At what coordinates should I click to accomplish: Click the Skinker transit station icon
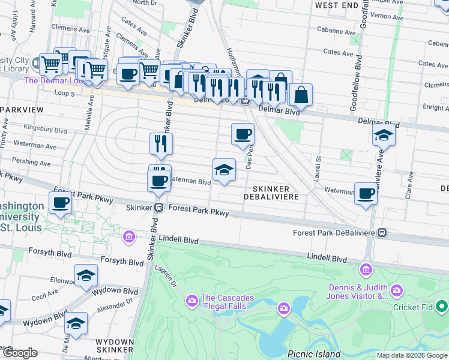click(159, 208)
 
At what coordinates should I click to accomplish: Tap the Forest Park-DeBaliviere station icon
click(382, 232)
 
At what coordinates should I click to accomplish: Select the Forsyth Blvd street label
click(122, 261)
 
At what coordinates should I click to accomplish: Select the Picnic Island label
click(314, 354)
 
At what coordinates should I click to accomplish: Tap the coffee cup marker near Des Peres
click(243, 134)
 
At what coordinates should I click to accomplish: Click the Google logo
click(20, 353)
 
